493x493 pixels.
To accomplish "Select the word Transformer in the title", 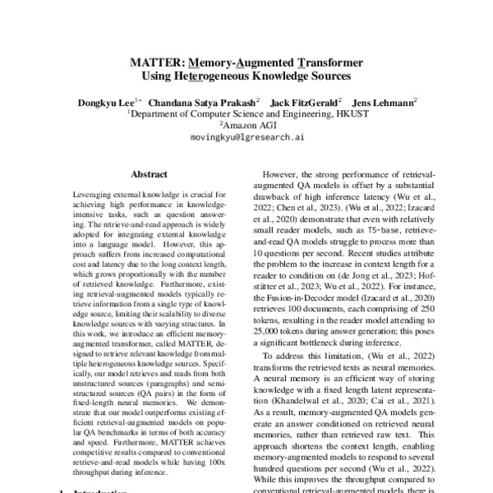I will (331, 62).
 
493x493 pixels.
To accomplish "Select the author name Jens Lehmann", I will (386, 103).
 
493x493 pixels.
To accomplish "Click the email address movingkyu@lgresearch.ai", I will (247, 140).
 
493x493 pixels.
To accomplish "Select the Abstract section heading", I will (150, 174).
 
